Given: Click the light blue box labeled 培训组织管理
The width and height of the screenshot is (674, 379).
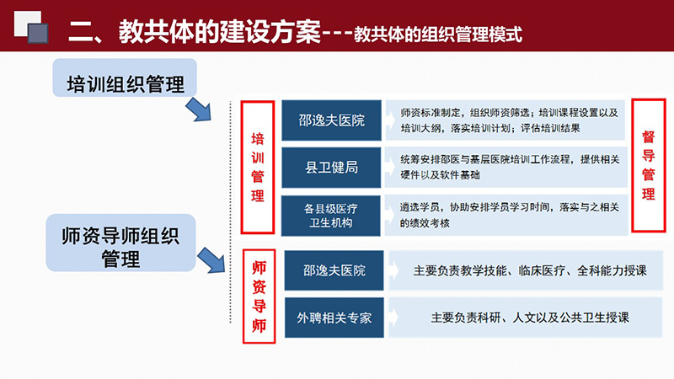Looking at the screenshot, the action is coord(125,77).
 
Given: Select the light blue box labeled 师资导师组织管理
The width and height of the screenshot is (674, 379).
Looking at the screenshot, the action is coord(120,243).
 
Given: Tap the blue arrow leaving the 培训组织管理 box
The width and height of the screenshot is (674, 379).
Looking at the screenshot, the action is coord(199,109).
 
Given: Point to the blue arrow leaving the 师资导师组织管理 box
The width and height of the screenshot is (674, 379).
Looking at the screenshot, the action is coord(211,260).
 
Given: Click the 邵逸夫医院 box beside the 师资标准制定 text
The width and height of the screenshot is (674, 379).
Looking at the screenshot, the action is coord(331,120).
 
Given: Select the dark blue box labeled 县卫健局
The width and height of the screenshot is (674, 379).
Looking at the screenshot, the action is coord(331,168).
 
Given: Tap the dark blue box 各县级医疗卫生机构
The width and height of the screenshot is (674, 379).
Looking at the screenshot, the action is coord(330,216).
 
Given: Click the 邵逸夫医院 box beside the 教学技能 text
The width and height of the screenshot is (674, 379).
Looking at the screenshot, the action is coord(334,270).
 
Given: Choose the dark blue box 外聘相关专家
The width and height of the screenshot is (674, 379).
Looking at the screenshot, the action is coord(334,318).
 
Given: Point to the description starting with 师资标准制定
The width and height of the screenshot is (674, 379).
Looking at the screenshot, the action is coord(510,120).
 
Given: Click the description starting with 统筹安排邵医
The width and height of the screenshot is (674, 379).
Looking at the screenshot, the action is coord(510,167).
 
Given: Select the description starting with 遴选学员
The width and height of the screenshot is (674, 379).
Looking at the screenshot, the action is coord(510,215).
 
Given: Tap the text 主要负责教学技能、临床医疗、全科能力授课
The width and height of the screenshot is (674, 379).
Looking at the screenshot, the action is coord(530,270).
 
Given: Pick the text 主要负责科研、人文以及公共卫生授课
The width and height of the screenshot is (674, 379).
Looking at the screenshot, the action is coord(530,318).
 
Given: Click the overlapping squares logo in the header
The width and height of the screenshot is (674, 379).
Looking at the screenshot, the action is coord(31,27).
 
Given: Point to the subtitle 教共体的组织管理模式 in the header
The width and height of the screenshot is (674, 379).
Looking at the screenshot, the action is coord(438,35).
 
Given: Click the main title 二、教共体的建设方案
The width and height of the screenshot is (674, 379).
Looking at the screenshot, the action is coord(195,31).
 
